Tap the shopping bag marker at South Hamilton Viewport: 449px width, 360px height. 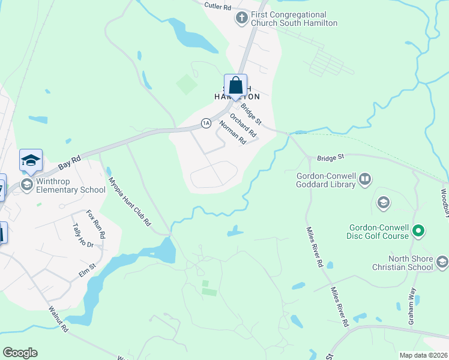235,85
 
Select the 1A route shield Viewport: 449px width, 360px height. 206,123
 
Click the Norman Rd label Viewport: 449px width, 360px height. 232,133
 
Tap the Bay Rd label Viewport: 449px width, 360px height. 70,163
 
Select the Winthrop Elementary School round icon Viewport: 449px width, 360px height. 27,184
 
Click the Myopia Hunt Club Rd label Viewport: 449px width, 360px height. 129,202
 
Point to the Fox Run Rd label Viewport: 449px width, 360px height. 95,224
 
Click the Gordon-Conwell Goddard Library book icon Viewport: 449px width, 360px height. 365,179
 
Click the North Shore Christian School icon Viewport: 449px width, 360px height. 442,261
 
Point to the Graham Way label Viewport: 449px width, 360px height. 412,306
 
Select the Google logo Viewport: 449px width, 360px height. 20,353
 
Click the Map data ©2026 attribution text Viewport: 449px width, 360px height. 423,355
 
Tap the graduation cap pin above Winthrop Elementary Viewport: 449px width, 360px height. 31,160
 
